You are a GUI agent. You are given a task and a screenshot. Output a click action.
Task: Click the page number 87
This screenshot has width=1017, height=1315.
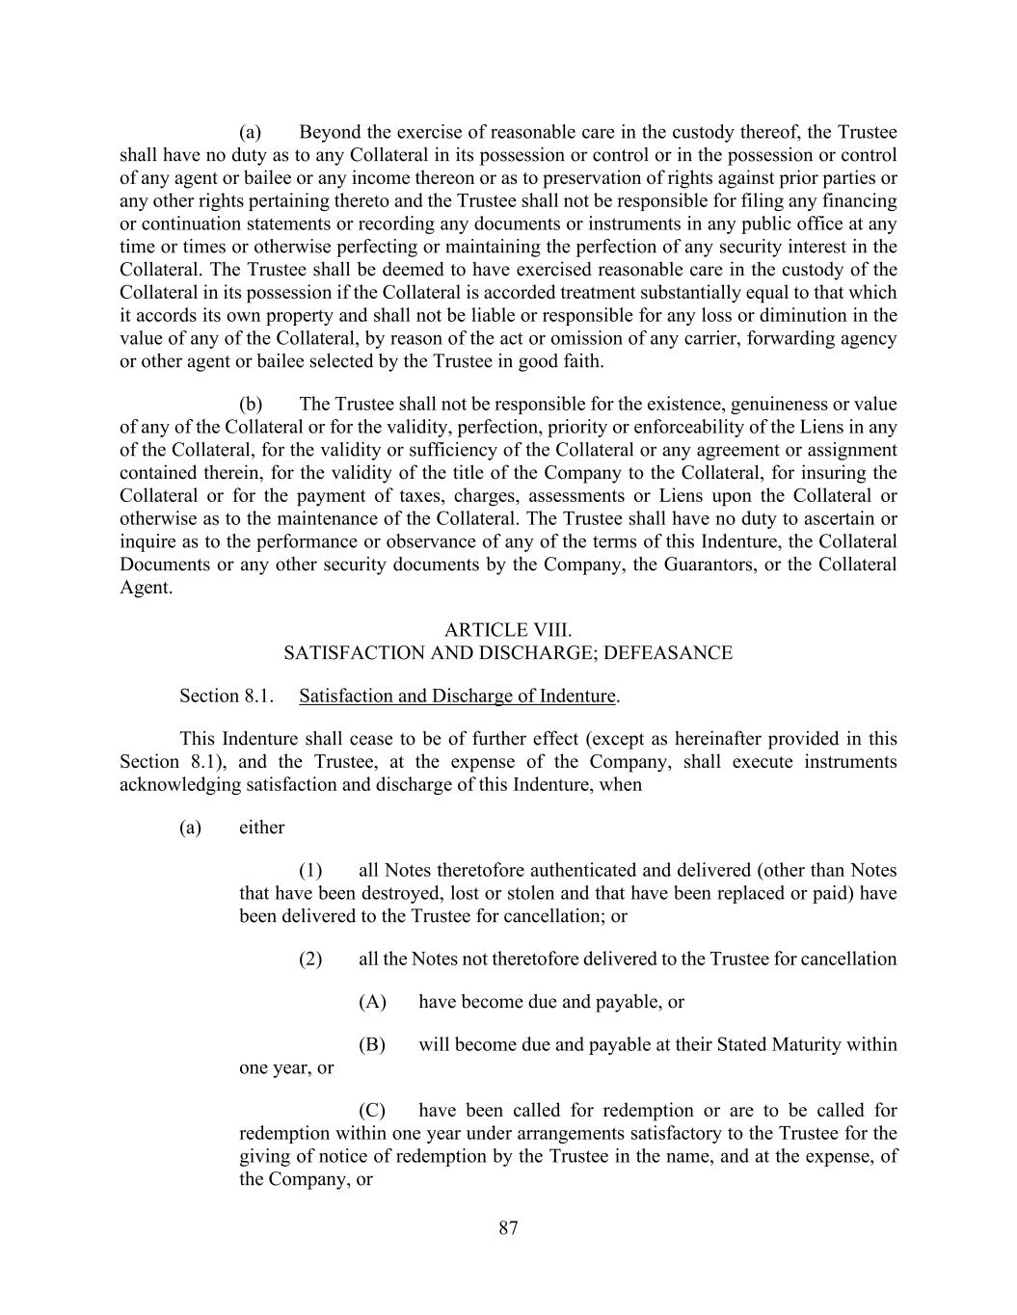pyautogui.click(x=509, y=1227)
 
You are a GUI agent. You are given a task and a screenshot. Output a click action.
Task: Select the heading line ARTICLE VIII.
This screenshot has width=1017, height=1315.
pyautogui.click(x=508, y=630)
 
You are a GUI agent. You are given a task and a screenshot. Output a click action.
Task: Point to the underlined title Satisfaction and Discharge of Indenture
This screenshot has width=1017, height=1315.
pyautogui.click(x=457, y=696)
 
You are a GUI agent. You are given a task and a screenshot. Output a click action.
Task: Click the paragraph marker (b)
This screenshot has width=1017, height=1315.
pyautogui.click(x=251, y=405)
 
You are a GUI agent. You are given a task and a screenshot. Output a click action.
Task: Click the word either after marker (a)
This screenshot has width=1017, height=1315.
pyautogui.click(x=261, y=828)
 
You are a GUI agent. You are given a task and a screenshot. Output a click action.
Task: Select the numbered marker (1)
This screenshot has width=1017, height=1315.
pyautogui.click(x=310, y=871)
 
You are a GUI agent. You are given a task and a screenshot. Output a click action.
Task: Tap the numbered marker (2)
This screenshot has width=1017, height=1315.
pyautogui.click(x=310, y=960)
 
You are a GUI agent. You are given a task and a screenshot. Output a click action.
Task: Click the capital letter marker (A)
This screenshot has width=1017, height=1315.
pyautogui.click(x=372, y=1002)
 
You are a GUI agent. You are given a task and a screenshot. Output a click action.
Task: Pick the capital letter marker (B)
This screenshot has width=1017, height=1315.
pyautogui.click(x=372, y=1045)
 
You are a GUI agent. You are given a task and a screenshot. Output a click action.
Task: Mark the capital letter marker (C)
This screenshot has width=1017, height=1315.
pyautogui.click(x=372, y=1111)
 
